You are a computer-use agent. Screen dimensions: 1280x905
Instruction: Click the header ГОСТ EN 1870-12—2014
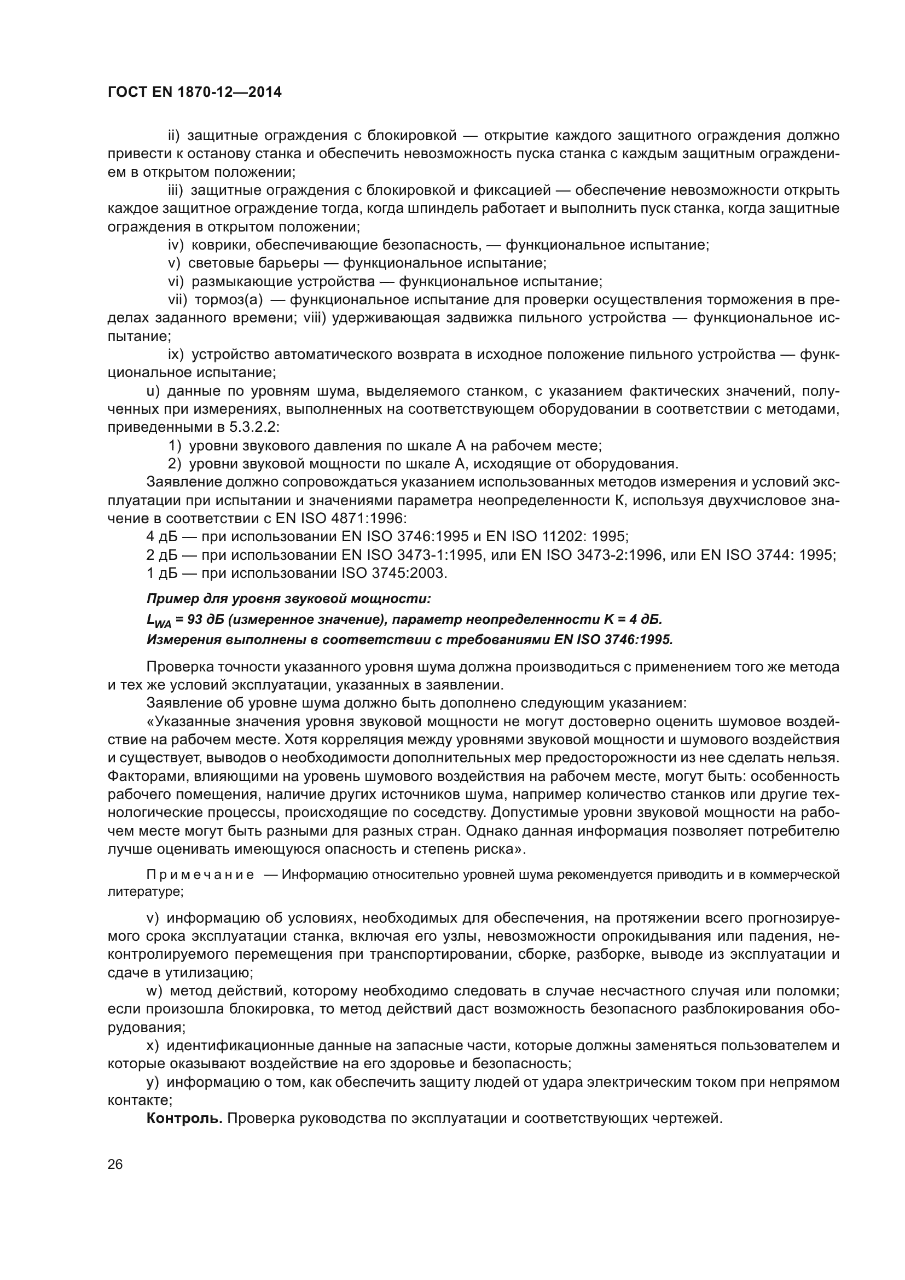click(194, 92)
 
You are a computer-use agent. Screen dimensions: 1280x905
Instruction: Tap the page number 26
click(115, 1164)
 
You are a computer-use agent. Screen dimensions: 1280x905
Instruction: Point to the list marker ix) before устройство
click(176, 355)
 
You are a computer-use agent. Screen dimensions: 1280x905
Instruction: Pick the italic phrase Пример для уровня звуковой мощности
click(289, 599)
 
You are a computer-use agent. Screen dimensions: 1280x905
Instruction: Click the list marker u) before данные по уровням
click(153, 391)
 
